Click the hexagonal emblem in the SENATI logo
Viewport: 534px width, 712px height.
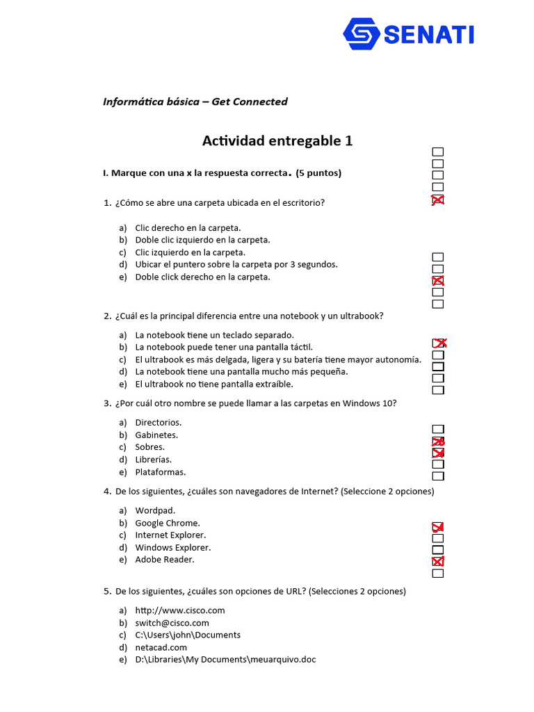tap(362, 34)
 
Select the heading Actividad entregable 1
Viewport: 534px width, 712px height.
tap(277, 141)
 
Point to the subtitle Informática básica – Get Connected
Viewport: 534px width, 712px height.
tap(195, 102)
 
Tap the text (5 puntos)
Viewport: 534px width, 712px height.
tap(318, 173)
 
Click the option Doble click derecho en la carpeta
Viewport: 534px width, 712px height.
tap(202, 277)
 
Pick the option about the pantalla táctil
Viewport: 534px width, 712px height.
tap(224, 347)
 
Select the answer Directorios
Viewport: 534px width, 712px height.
tap(158, 423)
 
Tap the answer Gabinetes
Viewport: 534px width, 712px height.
tap(156, 435)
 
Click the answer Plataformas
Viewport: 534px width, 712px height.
tap(160, 472)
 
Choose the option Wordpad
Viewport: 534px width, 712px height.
tap(150, 510)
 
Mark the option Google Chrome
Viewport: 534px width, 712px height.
tap(167, 523)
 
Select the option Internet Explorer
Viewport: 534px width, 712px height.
tap(170, 535)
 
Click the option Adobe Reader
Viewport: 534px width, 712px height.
tap(165, 560)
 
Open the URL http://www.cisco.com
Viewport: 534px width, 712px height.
tap(179, 610)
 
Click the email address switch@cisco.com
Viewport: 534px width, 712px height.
tap(172, 623)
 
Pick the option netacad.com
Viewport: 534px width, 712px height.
tap(161, 647)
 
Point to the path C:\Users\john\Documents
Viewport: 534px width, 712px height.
tap(188, 635)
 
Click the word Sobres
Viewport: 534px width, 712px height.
tap(149, 447)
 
